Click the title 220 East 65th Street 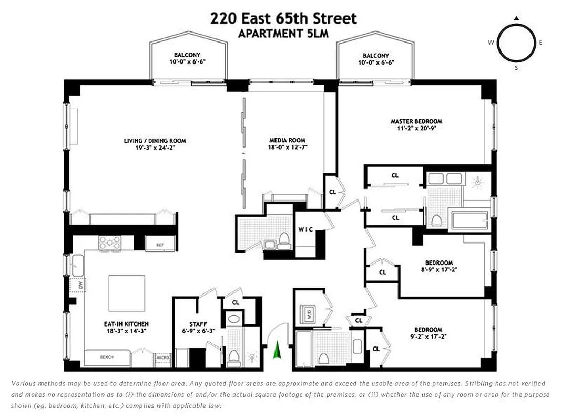coord(283,19)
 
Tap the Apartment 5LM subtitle coord(283,34)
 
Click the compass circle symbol coord(516,43)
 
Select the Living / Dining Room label coord(155,144)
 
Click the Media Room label coord(287,144)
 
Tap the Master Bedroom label coord(416,125)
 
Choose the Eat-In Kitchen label coord(126,328)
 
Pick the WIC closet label coord(307,229)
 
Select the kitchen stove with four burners coord(110,243)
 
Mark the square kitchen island coord(127,293)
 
